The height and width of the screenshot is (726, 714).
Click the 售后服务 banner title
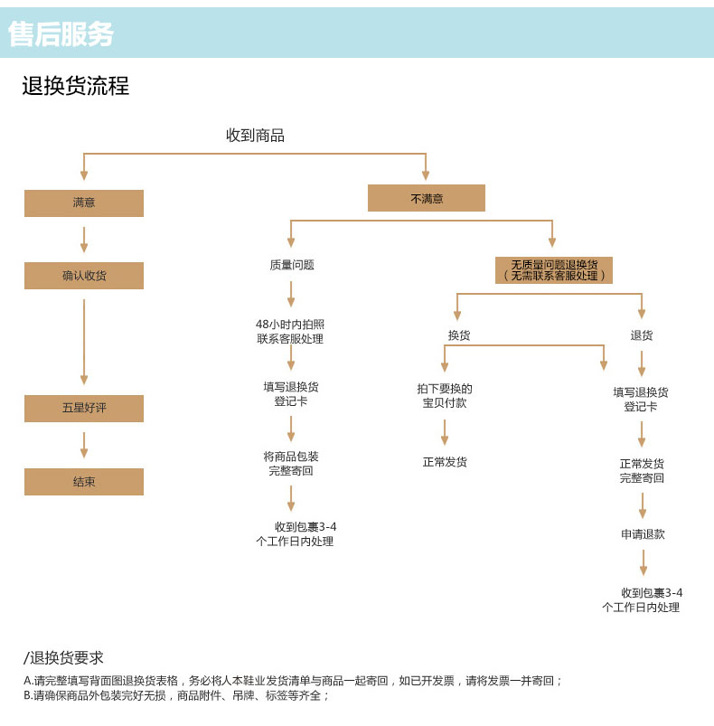(x=61, y=34)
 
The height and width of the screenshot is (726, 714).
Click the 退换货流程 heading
(x=76, y=86)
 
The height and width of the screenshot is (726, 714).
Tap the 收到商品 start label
(x=255, y=136)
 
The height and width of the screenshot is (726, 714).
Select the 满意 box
(x=84, y=203)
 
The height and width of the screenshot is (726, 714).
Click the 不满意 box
(x=427, y=198)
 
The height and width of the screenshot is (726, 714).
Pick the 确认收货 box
(x=84, y=276)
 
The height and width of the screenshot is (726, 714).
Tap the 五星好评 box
(x=84, y=409)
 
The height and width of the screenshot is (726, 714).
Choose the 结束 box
(x=84, y=482)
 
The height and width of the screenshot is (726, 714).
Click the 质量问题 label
(x=291, y=265)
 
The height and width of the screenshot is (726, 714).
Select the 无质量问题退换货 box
(x=554, y=270)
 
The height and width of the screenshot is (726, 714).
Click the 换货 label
(x=458, y=335)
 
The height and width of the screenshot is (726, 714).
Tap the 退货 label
(x=642, y=335)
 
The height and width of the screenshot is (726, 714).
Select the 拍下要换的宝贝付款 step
(x=445, y=396)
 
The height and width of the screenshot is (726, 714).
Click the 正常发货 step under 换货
(x=445, y=462)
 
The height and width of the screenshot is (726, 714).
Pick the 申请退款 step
(x=643, y=534)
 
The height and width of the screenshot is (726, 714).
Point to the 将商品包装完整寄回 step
(x=291, y=464)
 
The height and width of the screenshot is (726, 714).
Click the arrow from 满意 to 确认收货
(x=84, y=239)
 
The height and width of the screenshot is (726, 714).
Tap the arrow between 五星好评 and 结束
(x=84, y=445)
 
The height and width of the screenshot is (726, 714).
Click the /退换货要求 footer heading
(x=63, y=658)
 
